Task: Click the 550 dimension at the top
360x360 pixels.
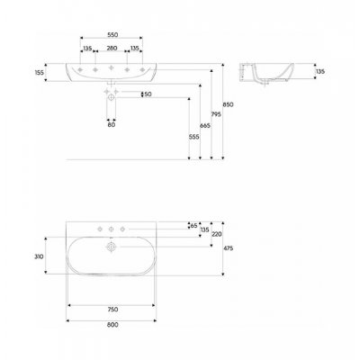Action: [x=112, y=41]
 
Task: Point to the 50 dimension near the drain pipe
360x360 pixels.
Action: [x=148, y=94]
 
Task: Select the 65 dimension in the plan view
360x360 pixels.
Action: [x=193, y=226]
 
